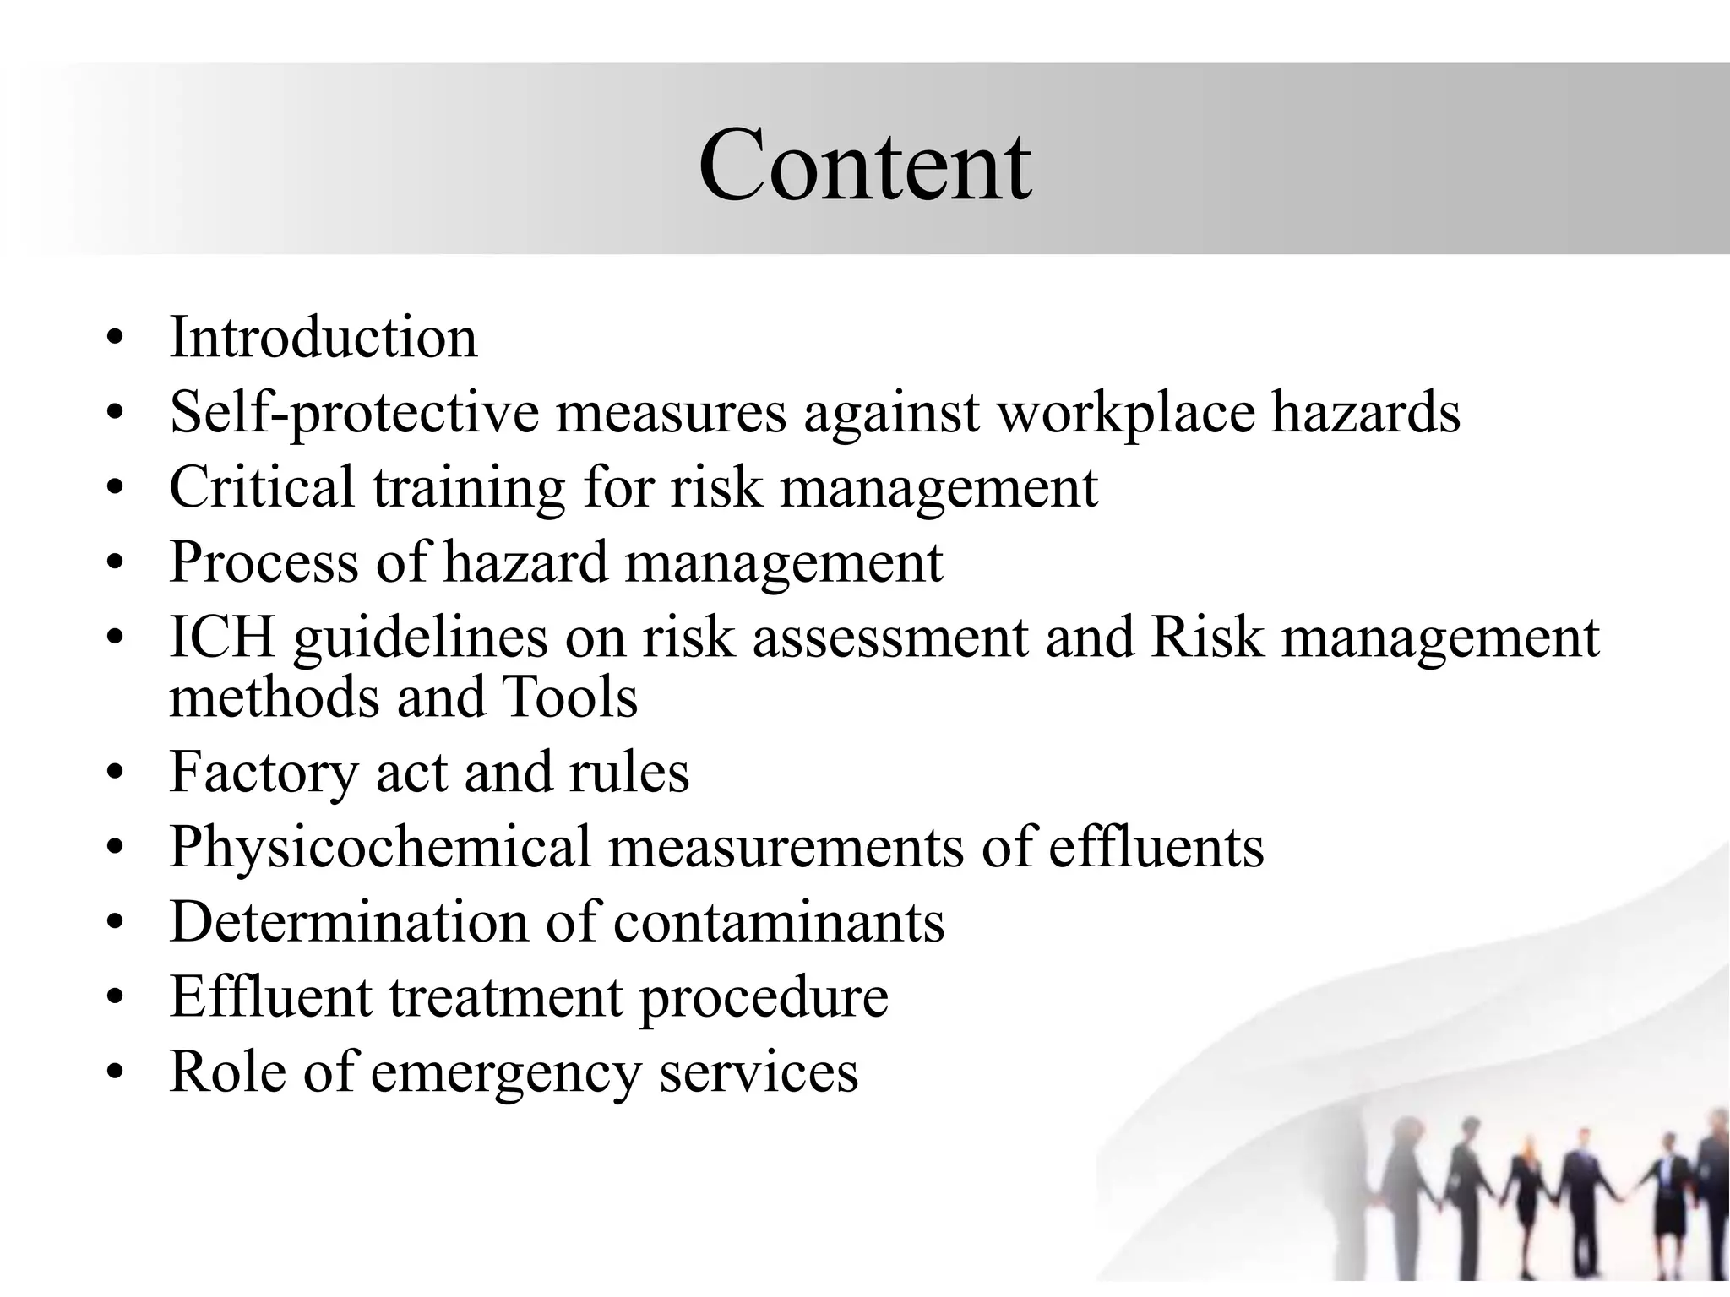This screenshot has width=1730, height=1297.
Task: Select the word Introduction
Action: pos(324,337)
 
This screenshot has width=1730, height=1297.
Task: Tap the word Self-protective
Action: pos(354,413)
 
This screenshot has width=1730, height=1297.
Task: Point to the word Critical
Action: pos(262,487)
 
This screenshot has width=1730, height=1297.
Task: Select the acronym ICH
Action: pos(222,636)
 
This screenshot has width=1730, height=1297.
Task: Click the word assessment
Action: pos(890,638)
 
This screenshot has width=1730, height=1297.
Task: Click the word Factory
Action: pos(264,773)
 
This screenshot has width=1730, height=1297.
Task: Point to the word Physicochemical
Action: pos(380,847)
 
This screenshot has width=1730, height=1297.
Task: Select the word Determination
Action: pos(348,921)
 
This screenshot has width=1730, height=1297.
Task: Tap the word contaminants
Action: pos(779,921)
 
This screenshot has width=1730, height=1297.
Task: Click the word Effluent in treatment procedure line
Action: pos(270,996)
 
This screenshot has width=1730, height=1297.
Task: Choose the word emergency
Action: pos(506,1072)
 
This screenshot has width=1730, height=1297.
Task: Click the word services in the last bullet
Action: pos(759,1071)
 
